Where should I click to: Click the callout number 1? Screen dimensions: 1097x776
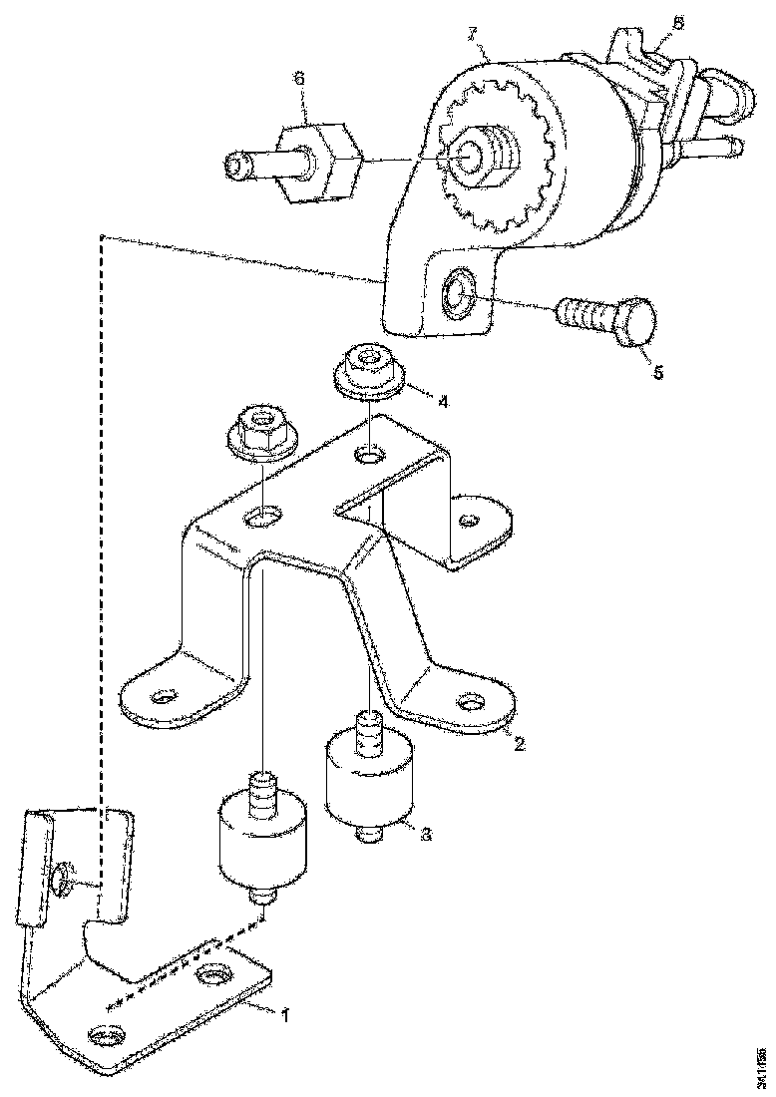click(284, 1014)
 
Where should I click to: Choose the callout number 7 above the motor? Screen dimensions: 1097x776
click(477, 36)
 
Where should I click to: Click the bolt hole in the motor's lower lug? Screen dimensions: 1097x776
click(458, 292)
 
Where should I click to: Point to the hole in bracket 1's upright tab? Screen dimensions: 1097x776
click(62, 878)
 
